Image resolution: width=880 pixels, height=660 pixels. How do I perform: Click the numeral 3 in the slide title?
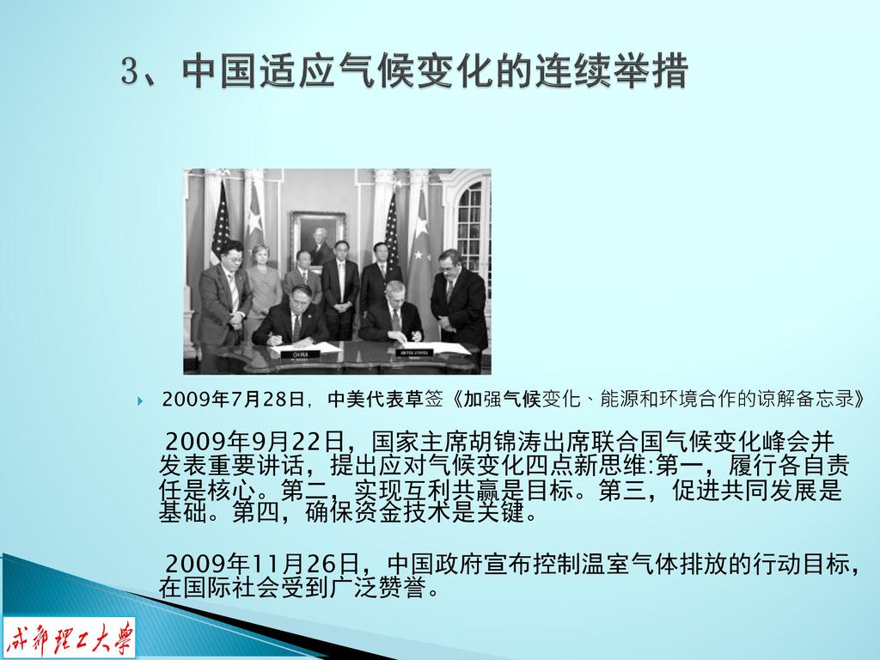(x=131, y=71)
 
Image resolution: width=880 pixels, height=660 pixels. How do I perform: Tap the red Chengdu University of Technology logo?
(x=70, y=638)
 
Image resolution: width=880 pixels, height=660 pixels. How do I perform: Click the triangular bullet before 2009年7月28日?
(x=140, y=400)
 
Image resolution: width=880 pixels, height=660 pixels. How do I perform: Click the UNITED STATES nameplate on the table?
(x=414, y=352)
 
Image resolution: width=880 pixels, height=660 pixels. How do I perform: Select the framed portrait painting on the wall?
(x=318, y=238)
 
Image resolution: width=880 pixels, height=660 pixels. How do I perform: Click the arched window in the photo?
(x=470, y=223)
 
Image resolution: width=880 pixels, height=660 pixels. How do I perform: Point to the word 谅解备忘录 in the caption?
(x=796, y=399)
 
